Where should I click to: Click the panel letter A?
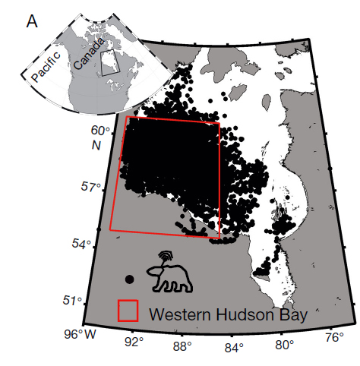tap(33, 21)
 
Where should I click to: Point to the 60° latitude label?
tap(102, 132)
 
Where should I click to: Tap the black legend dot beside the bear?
tap(130, 279)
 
